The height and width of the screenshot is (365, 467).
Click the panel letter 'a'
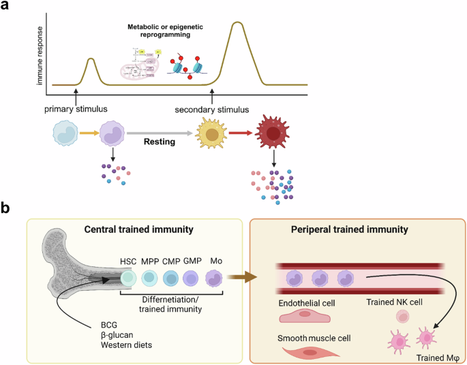[x=8, y=8]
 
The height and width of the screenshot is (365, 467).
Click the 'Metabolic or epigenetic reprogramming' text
[x=162, y=30]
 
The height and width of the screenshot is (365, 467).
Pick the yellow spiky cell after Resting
[x=212, y=133]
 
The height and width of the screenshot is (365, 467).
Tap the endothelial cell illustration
[x=305, y=317]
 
